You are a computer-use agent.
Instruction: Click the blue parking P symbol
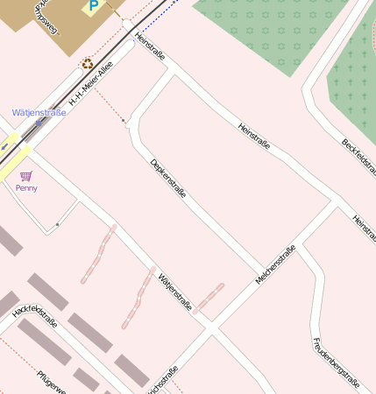point(91,7)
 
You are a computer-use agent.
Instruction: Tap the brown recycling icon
point(87,63)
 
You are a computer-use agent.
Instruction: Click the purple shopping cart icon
point(26,176)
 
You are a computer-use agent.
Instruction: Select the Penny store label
point(26,188)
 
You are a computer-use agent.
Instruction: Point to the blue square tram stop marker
point(39,123)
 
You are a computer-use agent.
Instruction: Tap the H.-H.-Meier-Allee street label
point(92,89)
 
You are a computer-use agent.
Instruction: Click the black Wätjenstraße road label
point(174,292)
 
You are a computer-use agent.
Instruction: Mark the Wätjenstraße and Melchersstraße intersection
point(211,330)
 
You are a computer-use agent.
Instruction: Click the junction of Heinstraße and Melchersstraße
point(336,206)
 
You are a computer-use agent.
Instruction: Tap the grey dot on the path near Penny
point(57,225)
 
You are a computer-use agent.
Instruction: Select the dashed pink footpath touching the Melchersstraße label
point(209,298)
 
